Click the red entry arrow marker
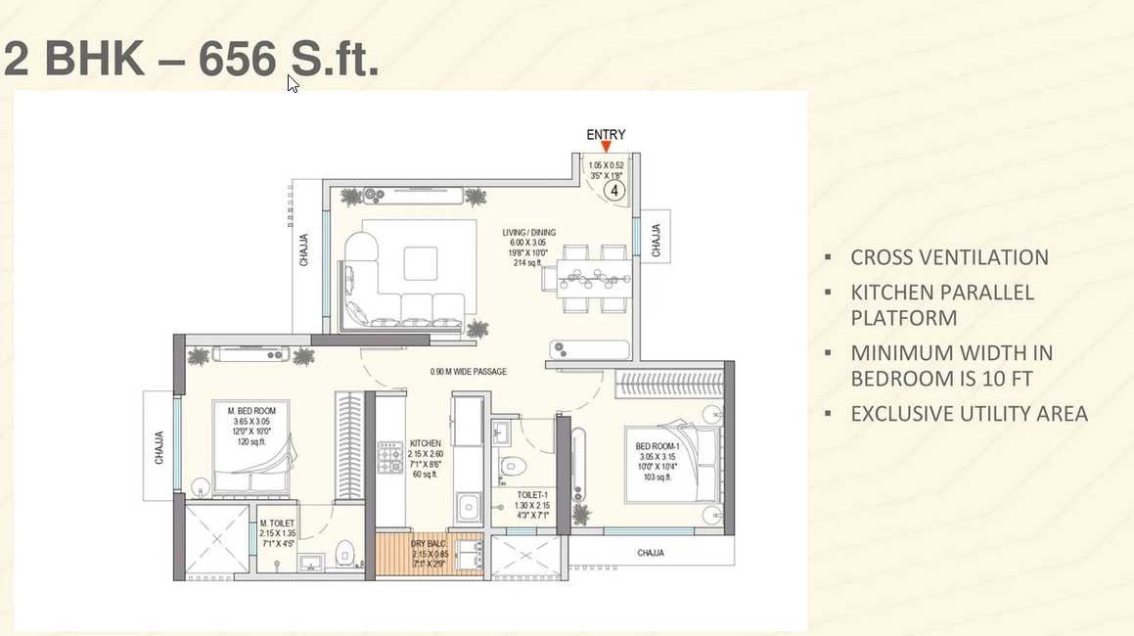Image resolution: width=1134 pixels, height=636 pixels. (x=606, y=148)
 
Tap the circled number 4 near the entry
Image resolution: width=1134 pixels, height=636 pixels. (x=615, y=191)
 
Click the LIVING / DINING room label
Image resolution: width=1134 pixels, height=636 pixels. (x=528, y=232)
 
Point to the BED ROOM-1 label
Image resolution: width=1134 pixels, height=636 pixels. (x=657, y=446)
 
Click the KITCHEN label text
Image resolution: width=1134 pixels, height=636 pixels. (x=425, y=443)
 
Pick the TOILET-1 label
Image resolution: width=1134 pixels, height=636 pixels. (x=519, y=494)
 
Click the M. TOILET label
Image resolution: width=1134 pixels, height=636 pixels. (x=277, y=524)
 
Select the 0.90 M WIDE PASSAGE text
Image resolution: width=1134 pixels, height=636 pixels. (x=469, y=372)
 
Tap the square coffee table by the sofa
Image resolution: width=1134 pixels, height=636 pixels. (x=421, y=262)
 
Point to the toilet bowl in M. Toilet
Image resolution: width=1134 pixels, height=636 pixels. (x=343, y=554)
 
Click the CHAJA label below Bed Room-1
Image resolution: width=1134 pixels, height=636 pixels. (x=651, y=553)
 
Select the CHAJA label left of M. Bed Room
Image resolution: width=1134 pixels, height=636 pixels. (x=159, y=447)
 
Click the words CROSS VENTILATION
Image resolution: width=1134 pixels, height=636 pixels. (x=949, y=257)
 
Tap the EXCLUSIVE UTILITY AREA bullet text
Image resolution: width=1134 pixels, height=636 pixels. (x=969, y=414)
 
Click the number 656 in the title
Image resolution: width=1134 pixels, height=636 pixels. (x=238, y=61)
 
